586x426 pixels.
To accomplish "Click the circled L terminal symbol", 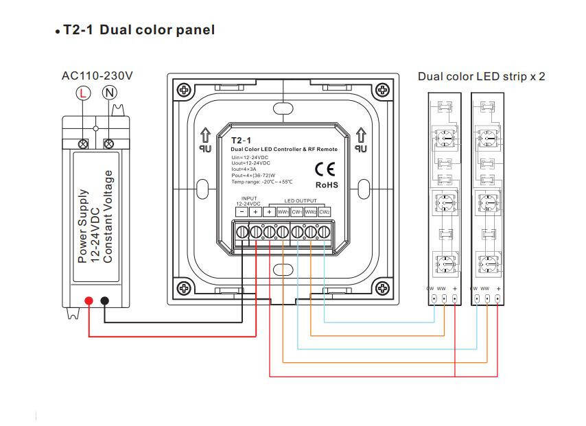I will [x=83, y=93].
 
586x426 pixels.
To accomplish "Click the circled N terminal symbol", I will [x=108, y=93].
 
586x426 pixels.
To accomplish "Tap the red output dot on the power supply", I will [x=89, y=300].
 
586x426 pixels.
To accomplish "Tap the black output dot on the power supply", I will [x=105, y=300].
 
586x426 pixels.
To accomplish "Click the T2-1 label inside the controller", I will [x=241, y=140].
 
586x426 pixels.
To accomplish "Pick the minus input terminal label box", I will [x=242, y=212].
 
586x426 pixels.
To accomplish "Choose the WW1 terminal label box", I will [x=283, y=212].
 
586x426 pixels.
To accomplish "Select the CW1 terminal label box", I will [x=296, y=212].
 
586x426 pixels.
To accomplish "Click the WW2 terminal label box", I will [x=310, y=212].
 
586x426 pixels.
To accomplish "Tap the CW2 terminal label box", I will [x=325, y=212].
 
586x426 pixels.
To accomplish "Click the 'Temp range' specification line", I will [x=261, y=182].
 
